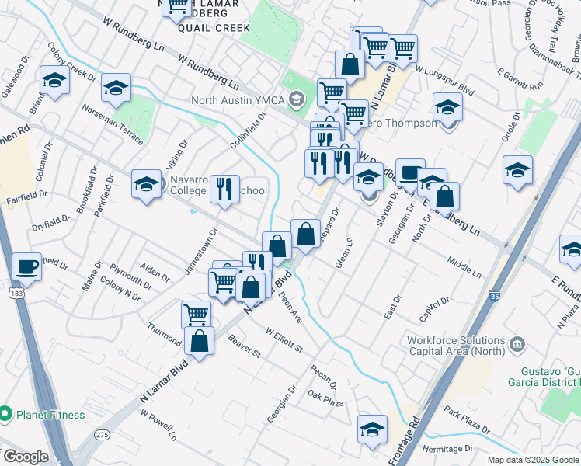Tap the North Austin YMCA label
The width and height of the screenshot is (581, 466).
(x=239, y=100)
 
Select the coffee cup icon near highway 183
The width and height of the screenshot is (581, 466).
(x=27, y=266)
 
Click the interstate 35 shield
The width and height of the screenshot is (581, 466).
(x=495, y=296)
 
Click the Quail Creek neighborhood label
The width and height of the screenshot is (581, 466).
(x=214, y=28)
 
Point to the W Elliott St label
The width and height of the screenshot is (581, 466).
(x=284, y=339)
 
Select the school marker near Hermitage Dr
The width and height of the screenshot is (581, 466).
(x=372, y=428)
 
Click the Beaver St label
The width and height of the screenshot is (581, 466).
(x=245, y=346)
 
